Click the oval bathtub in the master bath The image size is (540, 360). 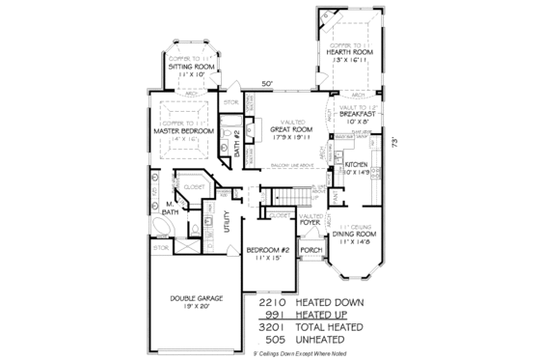(161, 227)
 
